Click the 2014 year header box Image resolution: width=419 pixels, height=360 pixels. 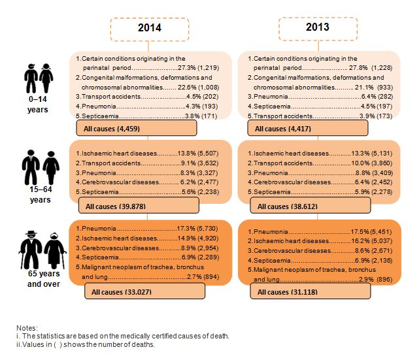tap(149, 29)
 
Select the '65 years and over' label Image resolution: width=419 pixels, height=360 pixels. tap(38, 280)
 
